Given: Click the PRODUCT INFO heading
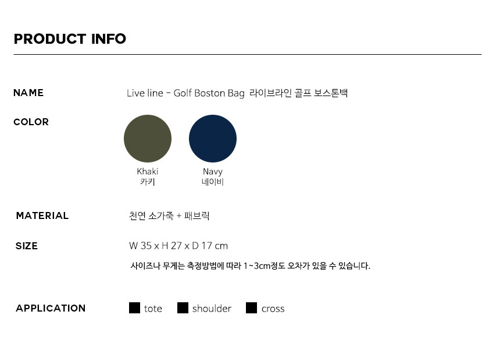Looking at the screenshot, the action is [x=70, y=39].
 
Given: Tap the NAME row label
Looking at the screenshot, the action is [x=28, y=93].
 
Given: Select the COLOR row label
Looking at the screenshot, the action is [x=31, y=122].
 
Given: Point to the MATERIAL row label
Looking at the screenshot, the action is [x=42, y=215].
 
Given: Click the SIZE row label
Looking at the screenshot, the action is [x=27, y=246].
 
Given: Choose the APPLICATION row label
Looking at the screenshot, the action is [x=51, y=308].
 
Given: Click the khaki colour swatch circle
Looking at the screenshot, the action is [x=148, y=139].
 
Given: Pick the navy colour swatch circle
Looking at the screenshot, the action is [x=213, y=139].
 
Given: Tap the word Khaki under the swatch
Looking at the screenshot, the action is [x=147, y=171].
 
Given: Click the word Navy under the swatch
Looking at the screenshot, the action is [x=213, y=172].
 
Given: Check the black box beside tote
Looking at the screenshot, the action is [x=134, y=308].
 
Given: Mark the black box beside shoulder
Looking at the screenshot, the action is [x=183, y=308].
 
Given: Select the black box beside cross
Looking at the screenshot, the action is [x=251, y=308].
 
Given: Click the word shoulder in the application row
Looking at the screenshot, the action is [x=212, y=309].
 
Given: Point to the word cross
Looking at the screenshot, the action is [x=273, y=309].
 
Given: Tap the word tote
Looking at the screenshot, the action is [x=153, y=309].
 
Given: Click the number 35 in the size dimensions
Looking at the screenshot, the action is [x=146, y=246].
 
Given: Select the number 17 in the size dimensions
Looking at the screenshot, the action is [x=206, y=246].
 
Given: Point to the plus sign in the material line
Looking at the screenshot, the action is [x=179, y=216].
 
